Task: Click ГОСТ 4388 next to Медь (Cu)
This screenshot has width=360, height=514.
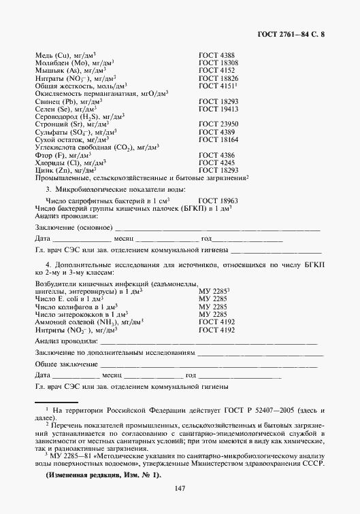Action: pyautogui.click(x=216, y=55)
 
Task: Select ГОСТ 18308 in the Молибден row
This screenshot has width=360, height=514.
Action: pyautogui.click(x=218, y=63)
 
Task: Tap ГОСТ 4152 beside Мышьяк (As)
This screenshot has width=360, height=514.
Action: pyautogui.click(x=216, y=71)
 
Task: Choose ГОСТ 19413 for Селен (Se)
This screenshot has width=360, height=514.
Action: pyautogui.click(x=218, y=109)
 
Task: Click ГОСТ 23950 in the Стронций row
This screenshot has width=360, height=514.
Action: pyautogui.click(x=218, y=124)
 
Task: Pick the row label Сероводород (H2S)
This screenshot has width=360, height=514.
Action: pyautogui.click(x=76, y=116)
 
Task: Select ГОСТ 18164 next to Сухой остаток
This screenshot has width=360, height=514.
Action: pyautogui.click(x=218, y=139)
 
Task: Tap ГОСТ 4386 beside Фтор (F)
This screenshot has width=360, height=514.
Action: pyautogui.click(x=216, y=155)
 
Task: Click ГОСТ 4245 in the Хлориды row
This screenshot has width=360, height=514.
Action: pyautogui.click(x=216, y=163)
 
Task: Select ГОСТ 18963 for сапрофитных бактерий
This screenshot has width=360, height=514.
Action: pyautogui.click(x=218, y=202)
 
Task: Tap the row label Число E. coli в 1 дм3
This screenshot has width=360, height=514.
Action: pyautogui.click(x=69, y=299)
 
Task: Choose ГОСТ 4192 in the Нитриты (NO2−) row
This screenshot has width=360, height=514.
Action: pyautogui.click(x=216, y=330)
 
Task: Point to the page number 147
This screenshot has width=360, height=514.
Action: pyautogui.click(x=180, y=490)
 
